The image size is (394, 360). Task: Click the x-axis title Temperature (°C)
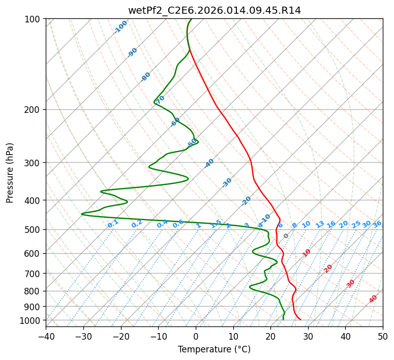[214, 350]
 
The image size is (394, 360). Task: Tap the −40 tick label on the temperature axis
[46, 336]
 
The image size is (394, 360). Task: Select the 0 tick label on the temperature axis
[196, 336]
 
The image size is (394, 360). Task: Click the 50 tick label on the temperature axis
[383, 336]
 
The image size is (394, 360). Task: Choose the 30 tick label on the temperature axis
[308, 336]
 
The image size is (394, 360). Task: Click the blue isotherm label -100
[120, 27]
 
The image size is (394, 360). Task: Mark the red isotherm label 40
[373, 299]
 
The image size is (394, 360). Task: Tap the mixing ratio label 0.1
[113, 223]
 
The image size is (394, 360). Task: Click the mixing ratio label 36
[377, 224]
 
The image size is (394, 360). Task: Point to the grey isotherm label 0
[286, 236]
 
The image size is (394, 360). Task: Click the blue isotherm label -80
[146, 77]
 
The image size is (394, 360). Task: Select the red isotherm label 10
[307, 253]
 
